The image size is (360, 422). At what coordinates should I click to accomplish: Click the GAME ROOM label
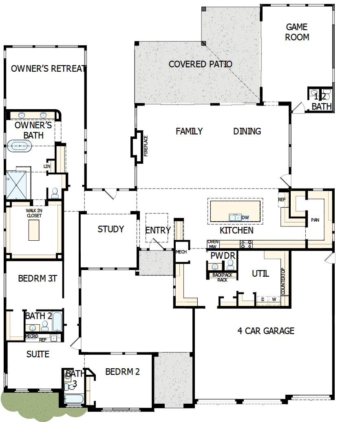[x=297, y=32]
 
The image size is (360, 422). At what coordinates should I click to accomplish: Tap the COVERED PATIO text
[x=200, y=64]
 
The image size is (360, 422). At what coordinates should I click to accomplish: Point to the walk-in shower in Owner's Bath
[x=15, y=184]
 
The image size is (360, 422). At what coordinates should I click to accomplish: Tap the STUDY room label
[x=110, y=229]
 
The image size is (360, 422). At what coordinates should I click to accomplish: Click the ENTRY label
[x=158, y=231]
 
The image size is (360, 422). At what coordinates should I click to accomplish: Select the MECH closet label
[x=181, y=252]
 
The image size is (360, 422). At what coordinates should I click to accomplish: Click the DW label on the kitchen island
[x=245, y=218]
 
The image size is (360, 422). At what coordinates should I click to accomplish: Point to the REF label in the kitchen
[x=282, y=200]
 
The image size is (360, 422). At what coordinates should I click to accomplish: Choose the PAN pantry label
[x=315, y=220]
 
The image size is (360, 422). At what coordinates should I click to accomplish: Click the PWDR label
[x=223, y=256]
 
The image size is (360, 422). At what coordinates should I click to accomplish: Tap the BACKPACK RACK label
[x=222, y=277]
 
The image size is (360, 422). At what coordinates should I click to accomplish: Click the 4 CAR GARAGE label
[x=265, y=331]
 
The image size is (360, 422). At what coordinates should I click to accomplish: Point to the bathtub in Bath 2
[x=57, y=322]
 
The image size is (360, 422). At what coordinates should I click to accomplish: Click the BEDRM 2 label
[x=122, y=371]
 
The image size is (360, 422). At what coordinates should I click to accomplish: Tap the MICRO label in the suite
[x=31, y=336]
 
